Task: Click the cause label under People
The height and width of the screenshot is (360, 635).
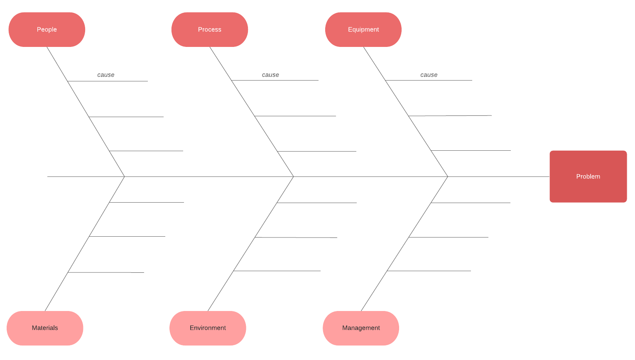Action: (x=106, y=75)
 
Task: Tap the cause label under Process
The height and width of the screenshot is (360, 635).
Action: (x=270, y=75)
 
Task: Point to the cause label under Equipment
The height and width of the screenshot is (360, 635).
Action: (x=429, y=75)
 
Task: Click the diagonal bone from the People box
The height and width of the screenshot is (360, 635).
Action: (x=99, y=134)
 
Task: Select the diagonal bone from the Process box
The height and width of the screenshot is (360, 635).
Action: (x=266, y=134)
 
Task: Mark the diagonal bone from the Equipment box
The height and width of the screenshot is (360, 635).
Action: (x=420, y=134)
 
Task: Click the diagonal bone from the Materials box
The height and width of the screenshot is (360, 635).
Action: (x=99, y=219)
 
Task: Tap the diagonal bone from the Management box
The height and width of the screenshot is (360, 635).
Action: (x=420, y=220)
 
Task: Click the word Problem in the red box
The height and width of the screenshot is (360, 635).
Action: (x=588, y=176)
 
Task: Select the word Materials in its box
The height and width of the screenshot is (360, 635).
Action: (x=45, y=328)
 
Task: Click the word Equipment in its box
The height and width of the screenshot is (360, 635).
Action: (x=363, y=29)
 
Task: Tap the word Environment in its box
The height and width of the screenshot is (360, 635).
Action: (x=208, y=328)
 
